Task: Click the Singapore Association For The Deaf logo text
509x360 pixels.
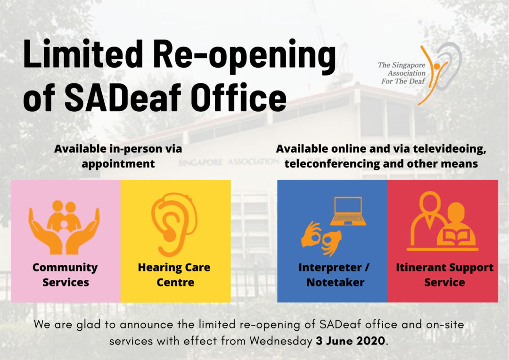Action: coord(402,73)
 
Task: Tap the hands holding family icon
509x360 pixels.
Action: coord(64,227)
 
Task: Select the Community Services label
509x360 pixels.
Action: coord(65,275)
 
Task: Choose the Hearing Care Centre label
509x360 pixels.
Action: coord(174,275)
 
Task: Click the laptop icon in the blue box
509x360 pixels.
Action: coord(348,211)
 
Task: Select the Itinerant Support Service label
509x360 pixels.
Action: coord(444,275)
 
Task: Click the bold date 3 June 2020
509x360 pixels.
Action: coord(350,341)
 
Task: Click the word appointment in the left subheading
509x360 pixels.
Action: coord(118,164)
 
